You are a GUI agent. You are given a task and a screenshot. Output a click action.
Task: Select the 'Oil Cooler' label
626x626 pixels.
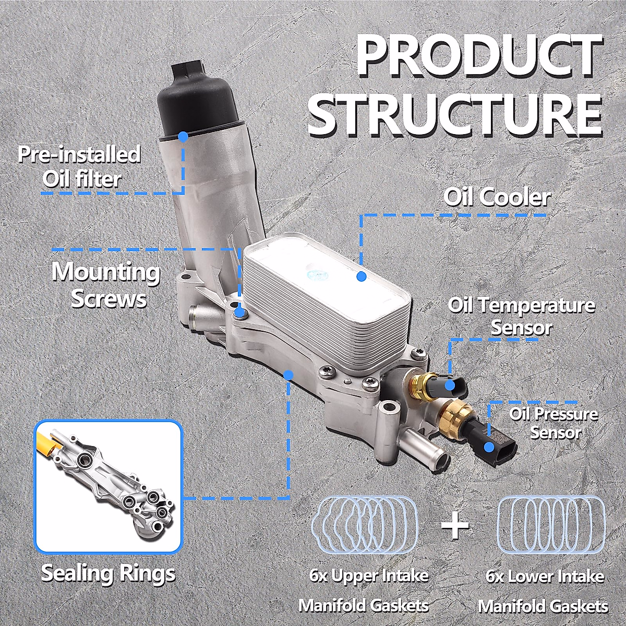[497, 197]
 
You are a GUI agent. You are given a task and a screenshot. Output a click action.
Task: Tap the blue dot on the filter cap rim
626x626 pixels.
[183, 137]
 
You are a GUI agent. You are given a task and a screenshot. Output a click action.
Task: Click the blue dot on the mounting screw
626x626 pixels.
[240, 313]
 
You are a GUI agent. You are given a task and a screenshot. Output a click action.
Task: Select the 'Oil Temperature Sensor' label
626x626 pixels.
[521, 316]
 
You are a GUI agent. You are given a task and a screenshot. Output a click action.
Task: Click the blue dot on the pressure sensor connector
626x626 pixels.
[489, 447]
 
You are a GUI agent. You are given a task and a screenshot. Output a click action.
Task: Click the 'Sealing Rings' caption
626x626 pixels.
[109, 573]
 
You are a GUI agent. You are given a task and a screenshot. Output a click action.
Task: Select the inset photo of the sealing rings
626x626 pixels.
[108, 486]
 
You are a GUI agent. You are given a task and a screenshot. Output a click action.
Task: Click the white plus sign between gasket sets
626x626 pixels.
[455, 525]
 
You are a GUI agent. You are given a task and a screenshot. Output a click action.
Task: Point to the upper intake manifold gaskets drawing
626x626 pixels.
[365, 524]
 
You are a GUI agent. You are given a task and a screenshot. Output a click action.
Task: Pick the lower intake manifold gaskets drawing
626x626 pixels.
[551, 524]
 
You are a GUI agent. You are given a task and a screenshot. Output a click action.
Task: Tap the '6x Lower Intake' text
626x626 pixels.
[545, 576]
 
